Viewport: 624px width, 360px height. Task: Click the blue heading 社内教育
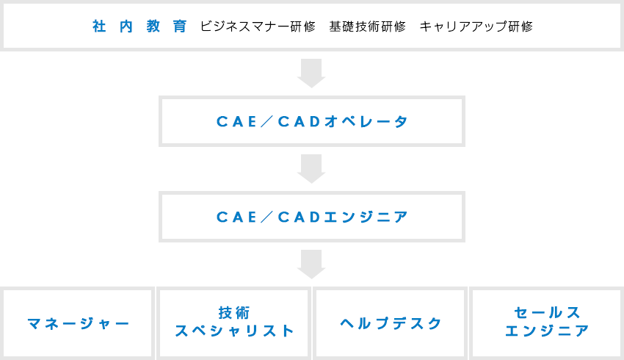(x=139, y=26)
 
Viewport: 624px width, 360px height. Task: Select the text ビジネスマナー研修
(x=258, y=26)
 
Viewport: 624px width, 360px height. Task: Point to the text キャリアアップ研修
(x=476, y=26)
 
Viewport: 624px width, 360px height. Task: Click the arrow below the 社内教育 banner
(x=311, y=73)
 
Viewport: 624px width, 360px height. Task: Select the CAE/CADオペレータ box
(x=311, y=121)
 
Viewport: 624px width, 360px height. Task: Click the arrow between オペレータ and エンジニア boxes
(x=311, y=168)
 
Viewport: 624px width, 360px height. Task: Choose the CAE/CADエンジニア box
(x=311, y=217)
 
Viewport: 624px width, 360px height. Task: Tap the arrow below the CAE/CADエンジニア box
(x=311, y=264)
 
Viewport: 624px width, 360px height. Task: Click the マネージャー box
(x=79, y=323)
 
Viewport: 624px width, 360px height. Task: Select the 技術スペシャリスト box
(x=234, y=323)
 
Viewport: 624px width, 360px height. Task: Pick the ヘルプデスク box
(x=391, y=323)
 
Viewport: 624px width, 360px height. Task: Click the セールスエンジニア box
(x=546, y=323)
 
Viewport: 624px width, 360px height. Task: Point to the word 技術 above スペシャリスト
(x=234, y=312)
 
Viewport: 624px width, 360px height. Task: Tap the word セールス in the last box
(x=547, y=312)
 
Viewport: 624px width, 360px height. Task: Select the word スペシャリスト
(x=234, y=331)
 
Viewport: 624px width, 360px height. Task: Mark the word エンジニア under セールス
(x=547, y=331)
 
